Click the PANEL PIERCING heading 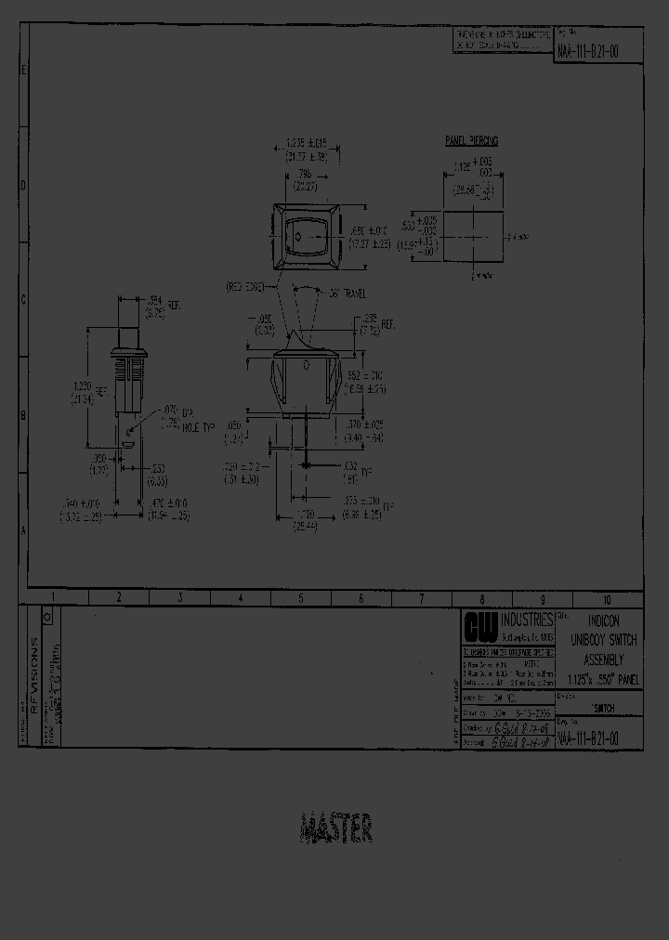[472, 140]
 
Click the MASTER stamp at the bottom [336, 828]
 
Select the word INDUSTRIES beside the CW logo [526, 620]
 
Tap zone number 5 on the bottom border [300, 598]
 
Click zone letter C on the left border [24, 299]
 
